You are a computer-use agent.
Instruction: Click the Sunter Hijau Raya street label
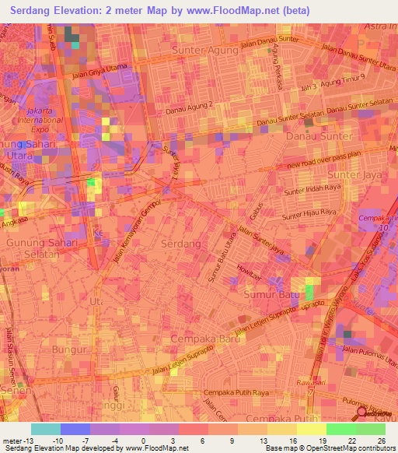(x=309, y=211)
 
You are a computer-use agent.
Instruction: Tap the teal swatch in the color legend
(x=46, y=429)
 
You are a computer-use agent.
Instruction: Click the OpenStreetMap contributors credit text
(x=351, y=448)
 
